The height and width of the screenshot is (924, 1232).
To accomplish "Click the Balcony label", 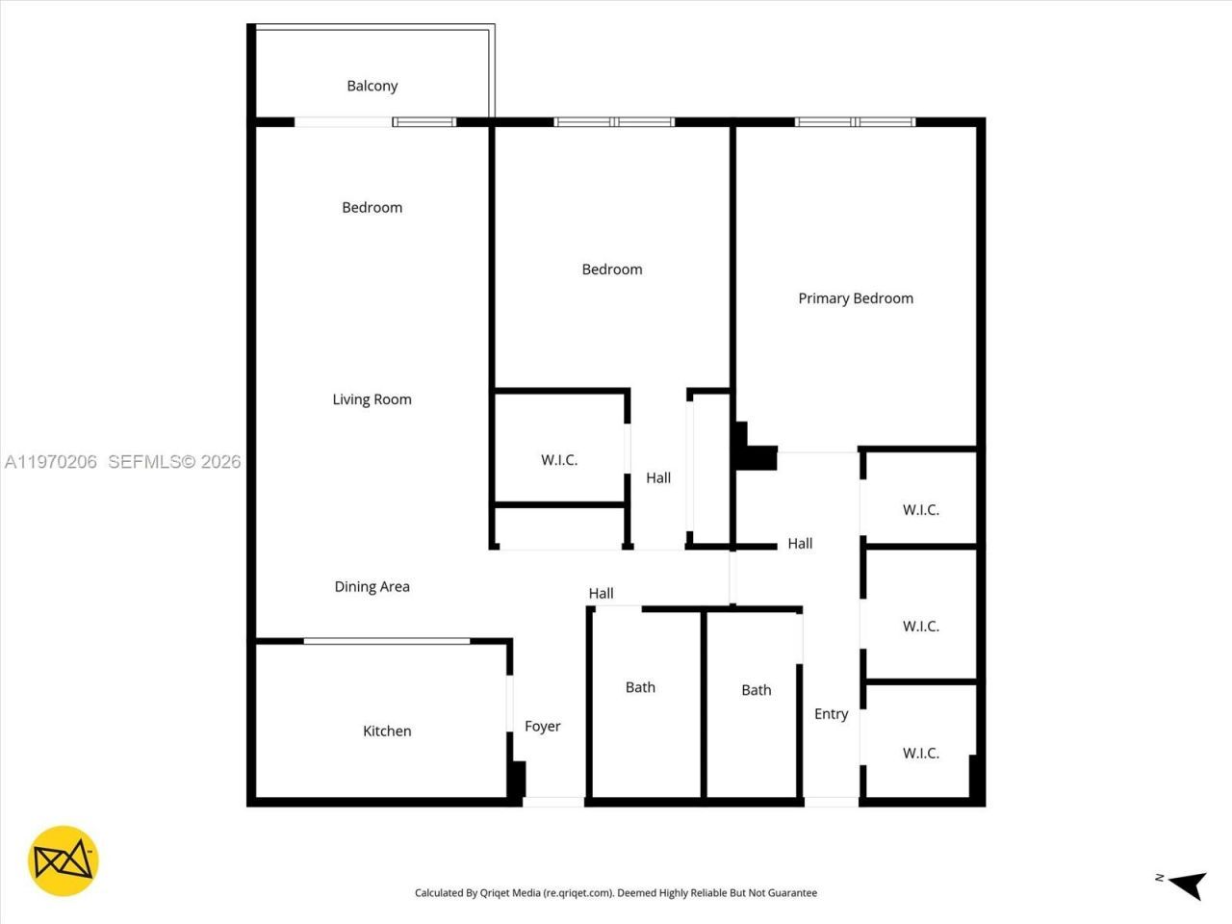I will [372, 86].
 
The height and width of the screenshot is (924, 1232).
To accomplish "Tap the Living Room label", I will [372, 399].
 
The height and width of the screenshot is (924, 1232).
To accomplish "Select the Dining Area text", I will [372, 586].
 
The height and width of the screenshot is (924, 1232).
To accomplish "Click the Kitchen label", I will [387, 731].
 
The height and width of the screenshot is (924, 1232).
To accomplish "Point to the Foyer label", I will [542, 727].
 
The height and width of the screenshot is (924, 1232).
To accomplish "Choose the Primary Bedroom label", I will [856, 298].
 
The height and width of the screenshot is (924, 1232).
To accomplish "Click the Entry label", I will [831, 714].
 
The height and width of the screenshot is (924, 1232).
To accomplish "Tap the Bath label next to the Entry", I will [756, 690].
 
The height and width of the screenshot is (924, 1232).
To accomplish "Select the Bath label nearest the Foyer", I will [640, 687].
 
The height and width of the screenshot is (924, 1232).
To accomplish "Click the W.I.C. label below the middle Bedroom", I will [559, 460].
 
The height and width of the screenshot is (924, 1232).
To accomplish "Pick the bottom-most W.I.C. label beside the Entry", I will [920, 754].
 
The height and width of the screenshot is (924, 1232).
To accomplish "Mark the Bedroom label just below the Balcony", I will [372, 208].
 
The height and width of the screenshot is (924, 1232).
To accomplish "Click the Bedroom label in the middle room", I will [611, 269].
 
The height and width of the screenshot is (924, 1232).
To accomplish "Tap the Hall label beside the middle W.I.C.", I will [658, 478].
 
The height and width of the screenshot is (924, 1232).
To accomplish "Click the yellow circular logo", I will [64, 860].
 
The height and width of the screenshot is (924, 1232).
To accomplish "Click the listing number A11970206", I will [51, 462].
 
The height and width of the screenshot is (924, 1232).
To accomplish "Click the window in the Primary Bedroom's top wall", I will [855, 122].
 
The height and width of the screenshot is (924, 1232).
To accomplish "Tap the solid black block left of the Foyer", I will [517, 778].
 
